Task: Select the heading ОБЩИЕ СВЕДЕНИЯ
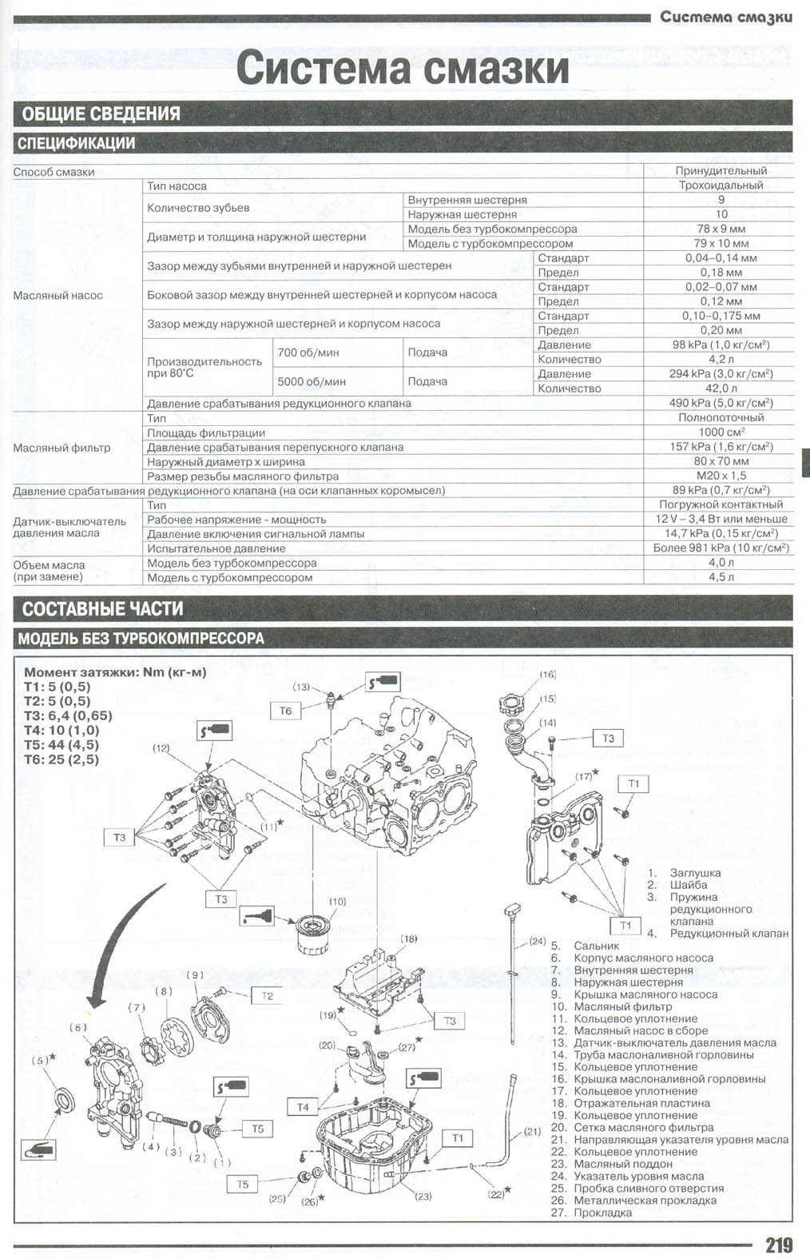(x=101, y=114)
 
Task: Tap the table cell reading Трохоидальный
(x=721, y=185)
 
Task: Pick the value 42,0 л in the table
(x=721, y=388)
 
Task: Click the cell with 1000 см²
(x=721, y=432)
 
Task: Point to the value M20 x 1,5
(x=721, y=476)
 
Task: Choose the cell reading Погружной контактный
(x=721, y=504)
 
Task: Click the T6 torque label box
(x=285, y=711)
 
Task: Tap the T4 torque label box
(x=303, y=1107)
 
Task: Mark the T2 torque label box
(x=267, y=996)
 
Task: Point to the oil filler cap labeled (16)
(x=514, y=704)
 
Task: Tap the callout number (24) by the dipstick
(x=537, y=940)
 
